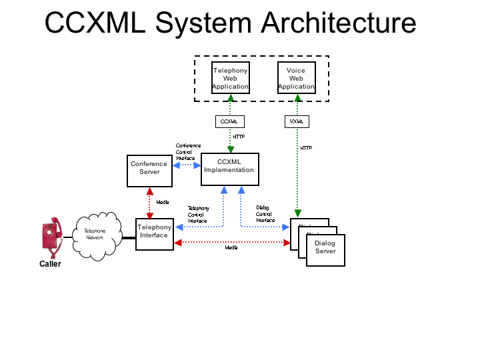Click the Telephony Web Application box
(x=230, y=78)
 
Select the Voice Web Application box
(x=296, y=78)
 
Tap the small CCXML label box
(x=229, y=121)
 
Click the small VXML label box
(x=297, y=121)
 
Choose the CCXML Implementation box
(x=229, y=169)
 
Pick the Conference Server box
(x=149, y=171)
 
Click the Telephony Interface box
(x=155, y=234)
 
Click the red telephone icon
(x=51, y=237)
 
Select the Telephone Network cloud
(x=95, y=235)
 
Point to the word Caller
(x=50, y=264)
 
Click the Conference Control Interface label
(x=187, y=152)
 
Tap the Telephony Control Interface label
(x=198, y=214)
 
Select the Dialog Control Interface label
(x=265, y=213)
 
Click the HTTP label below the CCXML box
(x=239, y=137)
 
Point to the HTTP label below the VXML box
(x=306, y=148)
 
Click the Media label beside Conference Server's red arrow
(x=162, y=202)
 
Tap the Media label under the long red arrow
(x=231, y=247)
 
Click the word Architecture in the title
(x=339, y=23)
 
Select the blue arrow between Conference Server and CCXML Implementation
(x=187, y=165)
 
